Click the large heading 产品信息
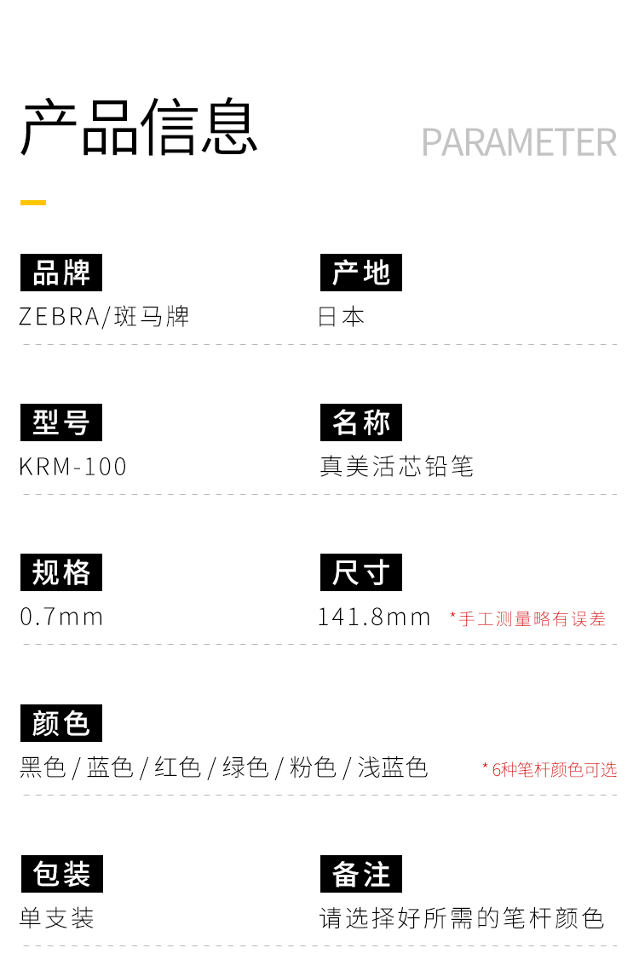click(140, 127)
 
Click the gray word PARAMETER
click(519, 142)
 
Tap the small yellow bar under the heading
click(33, 203)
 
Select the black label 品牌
click(61, 273)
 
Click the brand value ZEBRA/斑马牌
click(104, 317)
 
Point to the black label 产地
click(361, 273)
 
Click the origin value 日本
click(341, 317)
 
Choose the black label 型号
click(61, 422)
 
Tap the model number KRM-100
click(73, 467)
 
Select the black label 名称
click(361, 422)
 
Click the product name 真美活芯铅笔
click(397, 467)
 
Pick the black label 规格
click(61, 572)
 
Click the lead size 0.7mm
click(61, 617)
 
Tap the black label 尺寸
click(361, 572)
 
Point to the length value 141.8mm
click(374, 617)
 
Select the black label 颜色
click(61, 722)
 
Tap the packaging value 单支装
click(56, 917)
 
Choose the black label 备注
click(361, 874)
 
